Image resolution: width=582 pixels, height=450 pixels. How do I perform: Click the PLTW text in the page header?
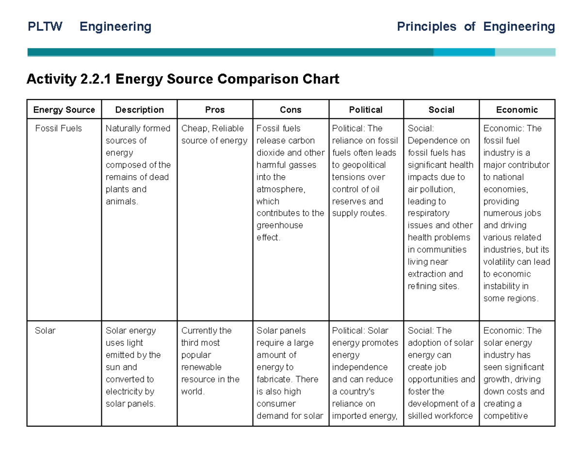[45, 27]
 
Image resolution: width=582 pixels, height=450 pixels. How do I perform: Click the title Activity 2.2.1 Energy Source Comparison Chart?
[183, 79]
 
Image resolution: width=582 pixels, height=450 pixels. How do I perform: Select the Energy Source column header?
[64, 110]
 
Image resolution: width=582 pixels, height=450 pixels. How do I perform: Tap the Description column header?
[139, 110]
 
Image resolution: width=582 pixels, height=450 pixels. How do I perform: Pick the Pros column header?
[215, 110]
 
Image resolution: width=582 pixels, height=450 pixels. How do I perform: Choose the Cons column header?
[291, 110]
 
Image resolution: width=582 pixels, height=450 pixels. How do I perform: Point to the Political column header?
[366, 110]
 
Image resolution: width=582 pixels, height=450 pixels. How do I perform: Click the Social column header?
[441, 110]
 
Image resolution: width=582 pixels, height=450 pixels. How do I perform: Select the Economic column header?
[517, 110]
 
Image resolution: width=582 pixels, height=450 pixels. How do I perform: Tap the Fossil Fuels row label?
[59, 129]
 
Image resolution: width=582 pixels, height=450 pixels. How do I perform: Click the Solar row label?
[45, 331]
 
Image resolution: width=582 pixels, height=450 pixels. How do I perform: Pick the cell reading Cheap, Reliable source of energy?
[214, 134]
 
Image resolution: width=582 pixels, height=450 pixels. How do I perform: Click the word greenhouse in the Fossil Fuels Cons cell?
[279, 226]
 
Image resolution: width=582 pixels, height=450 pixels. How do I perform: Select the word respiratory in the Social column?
[429, 214]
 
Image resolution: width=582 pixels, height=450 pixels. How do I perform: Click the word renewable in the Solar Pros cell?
[201, 367]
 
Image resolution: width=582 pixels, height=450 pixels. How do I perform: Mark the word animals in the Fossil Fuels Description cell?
[121, 201]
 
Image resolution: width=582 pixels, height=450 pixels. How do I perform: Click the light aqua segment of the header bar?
[525, 52]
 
